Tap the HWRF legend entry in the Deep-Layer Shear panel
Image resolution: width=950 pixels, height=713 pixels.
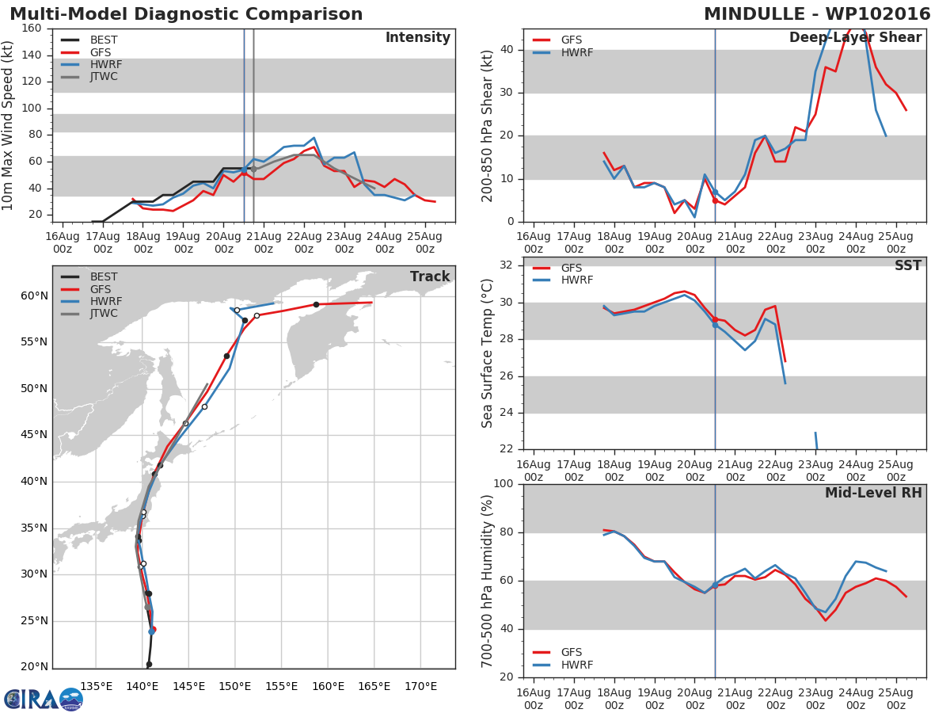point(563,52)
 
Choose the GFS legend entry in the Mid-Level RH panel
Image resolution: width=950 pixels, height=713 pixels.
point(557,652)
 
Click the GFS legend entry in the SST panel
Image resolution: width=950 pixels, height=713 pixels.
point(557,268)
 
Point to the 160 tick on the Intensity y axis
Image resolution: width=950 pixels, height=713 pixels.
point(31,29)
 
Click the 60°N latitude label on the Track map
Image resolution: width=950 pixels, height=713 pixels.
point(34,296)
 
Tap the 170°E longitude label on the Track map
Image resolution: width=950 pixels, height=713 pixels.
point(420,686)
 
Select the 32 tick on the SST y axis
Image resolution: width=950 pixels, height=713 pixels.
point(507,265)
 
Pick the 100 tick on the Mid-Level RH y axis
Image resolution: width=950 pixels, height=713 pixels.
point(503,483)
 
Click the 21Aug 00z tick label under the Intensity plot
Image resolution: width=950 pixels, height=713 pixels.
point(264,243)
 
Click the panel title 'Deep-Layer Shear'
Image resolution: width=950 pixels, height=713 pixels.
point(855,38)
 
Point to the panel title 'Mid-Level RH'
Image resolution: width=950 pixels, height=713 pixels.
point(873,493)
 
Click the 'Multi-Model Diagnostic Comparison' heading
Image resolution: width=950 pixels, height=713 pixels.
point(186,14)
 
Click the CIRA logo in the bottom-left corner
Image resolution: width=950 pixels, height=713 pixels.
point(43,700)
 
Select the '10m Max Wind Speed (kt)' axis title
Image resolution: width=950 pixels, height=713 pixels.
point(7,125)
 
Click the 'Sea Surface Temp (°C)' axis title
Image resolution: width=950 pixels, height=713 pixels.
point(488,353)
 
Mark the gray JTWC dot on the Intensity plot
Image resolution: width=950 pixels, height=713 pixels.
point(254,170)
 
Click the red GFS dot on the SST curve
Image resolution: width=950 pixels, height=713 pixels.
point(715,320)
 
